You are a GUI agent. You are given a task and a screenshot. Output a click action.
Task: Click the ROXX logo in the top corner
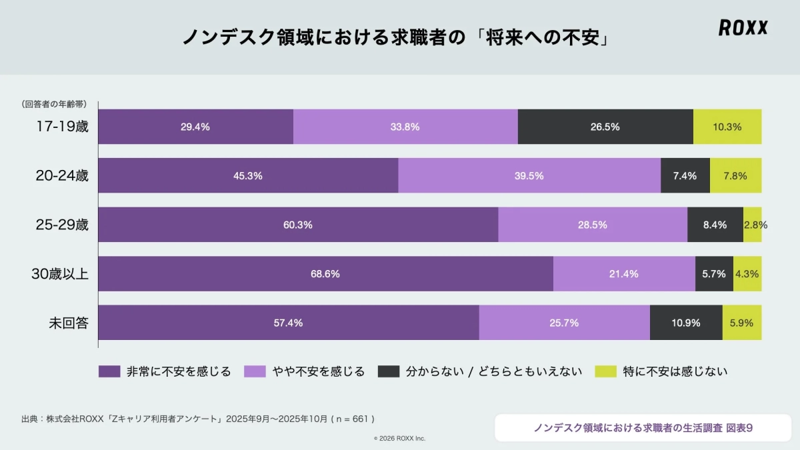point(743,27)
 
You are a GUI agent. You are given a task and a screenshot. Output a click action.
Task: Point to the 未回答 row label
point(69,323)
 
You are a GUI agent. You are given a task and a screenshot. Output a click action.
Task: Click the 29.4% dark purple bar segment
point(195,127)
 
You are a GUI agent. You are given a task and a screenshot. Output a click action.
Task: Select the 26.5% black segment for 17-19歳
point(605,127)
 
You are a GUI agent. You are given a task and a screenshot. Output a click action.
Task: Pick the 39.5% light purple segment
point(529,176)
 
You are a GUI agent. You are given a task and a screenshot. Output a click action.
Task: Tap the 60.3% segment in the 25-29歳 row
point(298,225)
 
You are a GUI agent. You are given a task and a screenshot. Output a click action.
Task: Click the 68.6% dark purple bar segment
point(325,274)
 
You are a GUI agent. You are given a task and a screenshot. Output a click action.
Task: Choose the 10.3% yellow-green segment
point(727,127)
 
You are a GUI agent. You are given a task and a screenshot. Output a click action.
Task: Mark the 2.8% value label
point(755,225)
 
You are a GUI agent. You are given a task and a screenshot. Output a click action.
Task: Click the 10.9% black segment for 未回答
point(686,323)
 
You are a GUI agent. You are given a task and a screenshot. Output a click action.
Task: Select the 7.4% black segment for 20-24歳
point(685,176)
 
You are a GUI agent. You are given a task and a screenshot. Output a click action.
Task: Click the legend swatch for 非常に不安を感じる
point(109,371)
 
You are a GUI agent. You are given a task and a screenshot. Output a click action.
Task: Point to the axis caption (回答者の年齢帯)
point(53,103)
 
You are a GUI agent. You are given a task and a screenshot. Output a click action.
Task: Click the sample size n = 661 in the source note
point(353,419)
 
